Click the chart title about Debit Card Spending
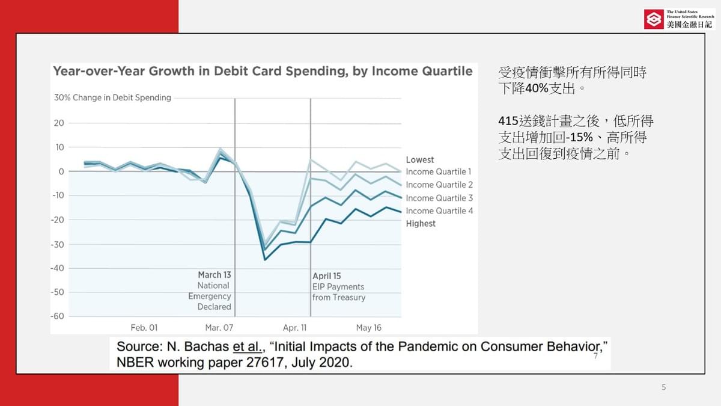[263, 71]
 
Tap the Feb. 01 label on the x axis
[144, 328]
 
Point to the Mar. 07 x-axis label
[219, 328]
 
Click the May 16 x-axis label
[368, 328]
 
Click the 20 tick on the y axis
[59, 123]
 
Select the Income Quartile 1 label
[439, 172]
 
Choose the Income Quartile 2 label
[439, 185]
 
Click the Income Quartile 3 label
[439, 198]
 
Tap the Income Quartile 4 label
[439, 211]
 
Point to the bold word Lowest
[419, 160]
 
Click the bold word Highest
[421, 224]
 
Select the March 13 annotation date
[214, 275]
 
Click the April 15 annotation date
[327, 276]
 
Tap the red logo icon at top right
[653, 19]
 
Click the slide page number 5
[663, 387]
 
